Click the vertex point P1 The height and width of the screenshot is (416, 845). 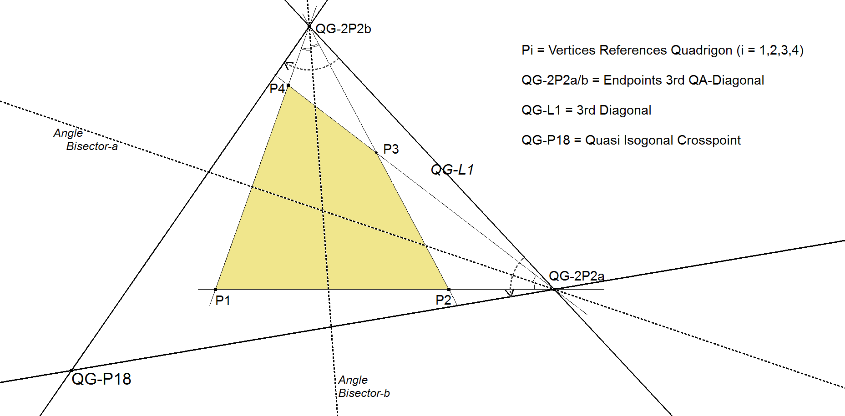coord(216,289)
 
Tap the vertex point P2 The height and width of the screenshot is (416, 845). coord(449,289)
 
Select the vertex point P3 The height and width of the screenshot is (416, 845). coord(376,153)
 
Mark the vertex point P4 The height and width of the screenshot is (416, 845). coord(288,85)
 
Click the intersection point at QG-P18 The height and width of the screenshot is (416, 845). coord(71,371)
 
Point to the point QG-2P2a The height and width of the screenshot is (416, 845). coord(554,289)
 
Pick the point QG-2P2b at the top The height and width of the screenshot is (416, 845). coord(309,26)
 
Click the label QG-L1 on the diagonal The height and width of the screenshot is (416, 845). coord(452,170)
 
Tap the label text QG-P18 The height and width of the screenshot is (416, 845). coord(101,379)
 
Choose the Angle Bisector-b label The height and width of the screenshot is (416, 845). coord(364,386)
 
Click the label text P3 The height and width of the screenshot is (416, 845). coord(391,149)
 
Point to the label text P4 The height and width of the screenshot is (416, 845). coord(277,89)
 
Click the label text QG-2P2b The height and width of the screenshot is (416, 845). coord(343,29)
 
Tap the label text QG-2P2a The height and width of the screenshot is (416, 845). coord(576,276)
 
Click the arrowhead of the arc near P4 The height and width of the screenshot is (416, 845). coord(287,65)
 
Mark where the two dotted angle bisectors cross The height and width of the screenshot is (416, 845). coord(323,211)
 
